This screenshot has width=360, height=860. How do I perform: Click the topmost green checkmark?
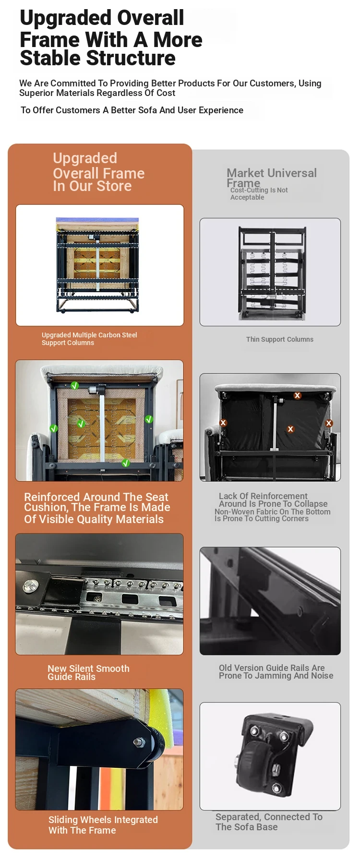pyautogui.click(x=74, y=385)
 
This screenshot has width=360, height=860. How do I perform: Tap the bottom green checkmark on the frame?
pyautogui.click(x=126, y=463)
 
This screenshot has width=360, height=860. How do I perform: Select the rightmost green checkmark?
pyautogui.click(x=149, y=419)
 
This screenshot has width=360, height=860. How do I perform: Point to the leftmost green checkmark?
pyautogui.click(x=54, y=429)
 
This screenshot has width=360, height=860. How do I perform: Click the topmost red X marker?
pyautogui.click(x=298, y=395)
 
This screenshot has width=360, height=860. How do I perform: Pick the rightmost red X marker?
pyautogui.click(x=329, y=423)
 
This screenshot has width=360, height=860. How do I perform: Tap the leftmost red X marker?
pyautogui.click(x=223, y=423)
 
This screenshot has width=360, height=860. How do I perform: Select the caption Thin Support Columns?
pyautogui.click(x=280, y=339)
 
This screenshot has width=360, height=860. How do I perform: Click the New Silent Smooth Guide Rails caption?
pyautogui.click(x=88, y=672)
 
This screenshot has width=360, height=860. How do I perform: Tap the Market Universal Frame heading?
pyautogui.click(x=272, y=178)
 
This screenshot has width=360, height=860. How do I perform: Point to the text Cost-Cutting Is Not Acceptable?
pyautogui.click(x=259, y=193)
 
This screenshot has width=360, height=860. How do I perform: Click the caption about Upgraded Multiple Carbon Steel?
pyautogui.click(x=89, y=339)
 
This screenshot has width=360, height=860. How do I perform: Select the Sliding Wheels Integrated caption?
pyautogui.click(x=103, y=825)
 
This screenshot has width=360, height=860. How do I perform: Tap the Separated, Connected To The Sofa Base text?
pyautogui.click(x=269, y=822)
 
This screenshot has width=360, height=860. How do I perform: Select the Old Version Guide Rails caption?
pyautogui.click(x=276, y=671)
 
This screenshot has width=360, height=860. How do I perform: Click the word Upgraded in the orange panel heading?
pyautogui.click(x=85, y=158)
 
